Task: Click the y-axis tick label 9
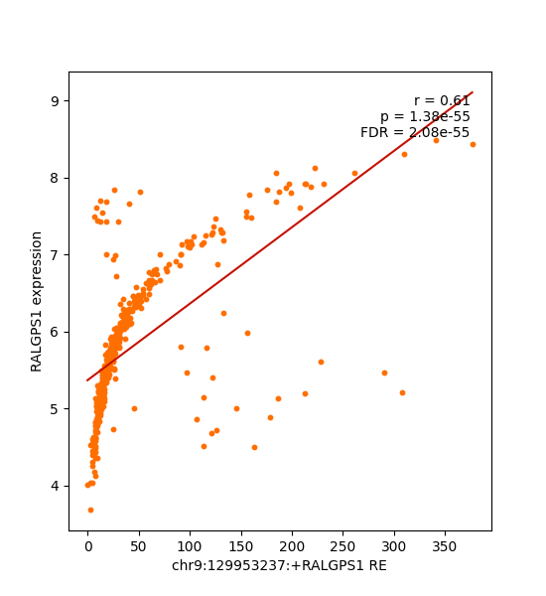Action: pos(55,101)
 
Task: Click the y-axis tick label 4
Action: pos(55,486)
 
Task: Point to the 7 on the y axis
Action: pos(55,255)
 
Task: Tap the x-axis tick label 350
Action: pos(444,547)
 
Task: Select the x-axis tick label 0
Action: pos(88,547)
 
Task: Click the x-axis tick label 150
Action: pos(240,547)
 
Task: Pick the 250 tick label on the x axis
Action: pos(342,547)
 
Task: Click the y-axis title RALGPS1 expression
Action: pos(36,301)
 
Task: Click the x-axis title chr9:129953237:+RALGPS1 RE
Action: pos(279,565)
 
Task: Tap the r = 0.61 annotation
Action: pos(442,100)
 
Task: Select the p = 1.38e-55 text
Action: pos(425,116)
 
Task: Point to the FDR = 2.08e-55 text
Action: pos(415,132)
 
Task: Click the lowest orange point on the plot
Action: pos(90,511)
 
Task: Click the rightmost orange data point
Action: pos(474,144)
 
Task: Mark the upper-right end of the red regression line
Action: pos(473,92)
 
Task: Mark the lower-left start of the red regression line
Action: pos(87,380)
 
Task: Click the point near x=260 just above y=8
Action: pos(354,173)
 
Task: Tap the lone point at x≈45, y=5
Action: pos(134,408)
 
